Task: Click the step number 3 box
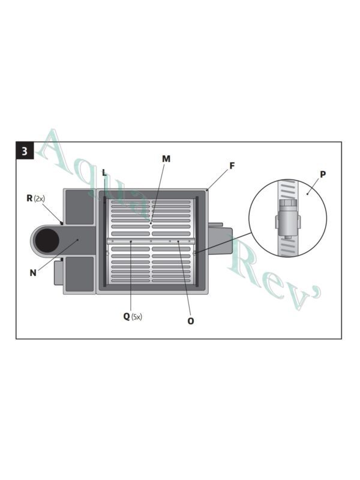point(25,151)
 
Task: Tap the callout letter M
point(166,159)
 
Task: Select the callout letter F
point(232,165)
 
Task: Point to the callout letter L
point(104,173)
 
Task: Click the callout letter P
point(323,175)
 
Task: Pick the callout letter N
point(33,273)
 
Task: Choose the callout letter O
point(191,321)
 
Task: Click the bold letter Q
point(127,316)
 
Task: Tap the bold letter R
point(29,197)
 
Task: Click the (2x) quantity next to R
point(40,198)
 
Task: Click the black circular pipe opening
point(47,241)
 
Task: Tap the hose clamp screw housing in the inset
point(288,223)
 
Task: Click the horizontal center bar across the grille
point(151,241)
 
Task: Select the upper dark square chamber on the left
point(79,208)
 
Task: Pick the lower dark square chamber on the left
point(79,274)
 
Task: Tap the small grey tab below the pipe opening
point(59,272)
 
